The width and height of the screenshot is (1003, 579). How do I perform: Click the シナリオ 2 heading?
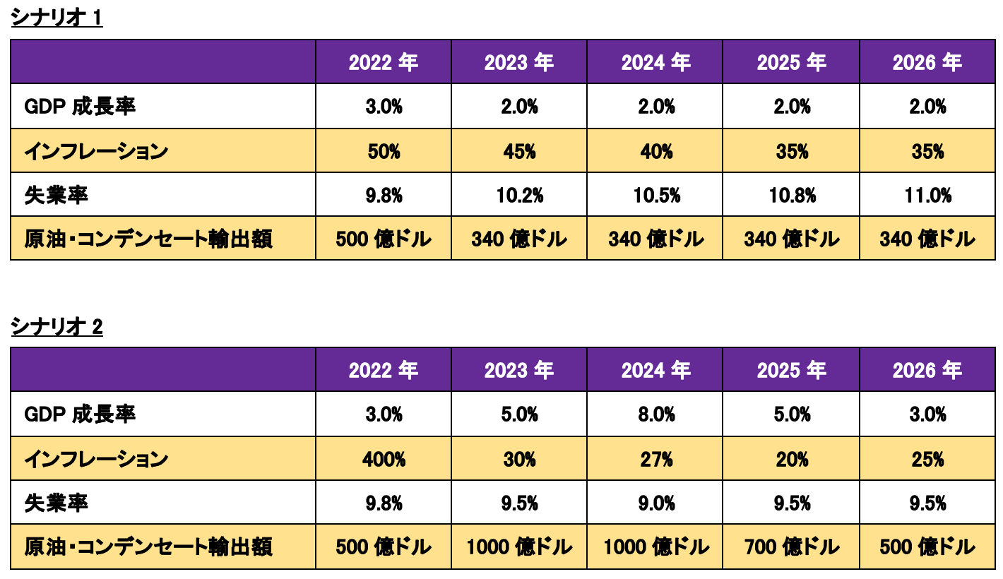pyautogui.click(x=57, y=327)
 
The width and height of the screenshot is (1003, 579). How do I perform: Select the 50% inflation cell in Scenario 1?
pyautogui.click(x=384, y=151)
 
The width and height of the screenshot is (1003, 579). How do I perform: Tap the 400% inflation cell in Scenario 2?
pyautogui.click(x=384, y=459)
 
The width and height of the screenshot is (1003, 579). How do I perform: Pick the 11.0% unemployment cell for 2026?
pyautogui.click(x=927, y=195)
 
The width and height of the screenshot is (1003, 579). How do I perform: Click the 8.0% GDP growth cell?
pyautogui.click(x=656, y=414)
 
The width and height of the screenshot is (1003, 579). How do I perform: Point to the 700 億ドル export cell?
pyautogui.click(x=792, y=547)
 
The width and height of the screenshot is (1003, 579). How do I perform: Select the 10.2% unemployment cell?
pyautogui.click(x=519, y=195)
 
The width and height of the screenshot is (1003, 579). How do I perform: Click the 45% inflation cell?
pyautogui.click(x=519, y=151)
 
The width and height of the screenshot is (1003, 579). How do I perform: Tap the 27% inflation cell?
pyautogui.click(x=656, y=459)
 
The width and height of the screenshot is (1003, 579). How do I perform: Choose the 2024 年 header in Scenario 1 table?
pyautogui.click(x=656, y=63)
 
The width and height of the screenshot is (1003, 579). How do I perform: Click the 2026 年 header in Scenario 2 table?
pyautogui.click(x=927, y=370)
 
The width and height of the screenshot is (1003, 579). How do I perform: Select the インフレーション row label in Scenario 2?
pyautogui.click(x=96, y=459)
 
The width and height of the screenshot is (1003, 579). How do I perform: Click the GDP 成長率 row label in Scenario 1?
pyautogui.click(x=80, y=107)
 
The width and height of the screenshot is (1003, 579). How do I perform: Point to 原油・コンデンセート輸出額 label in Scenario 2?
pyautogui.click(x=148, y=547)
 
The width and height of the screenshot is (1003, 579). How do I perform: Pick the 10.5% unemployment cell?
pyautogui.click(x=656, y=195)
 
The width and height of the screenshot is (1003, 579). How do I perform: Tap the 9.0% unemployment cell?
pyautogui.click(x=656, y=503)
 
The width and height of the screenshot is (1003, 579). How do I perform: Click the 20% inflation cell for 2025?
pyautogui.click(x=792, y=459)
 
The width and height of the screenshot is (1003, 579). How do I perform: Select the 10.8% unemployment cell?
pyautogui.click(x=792, y=195)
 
